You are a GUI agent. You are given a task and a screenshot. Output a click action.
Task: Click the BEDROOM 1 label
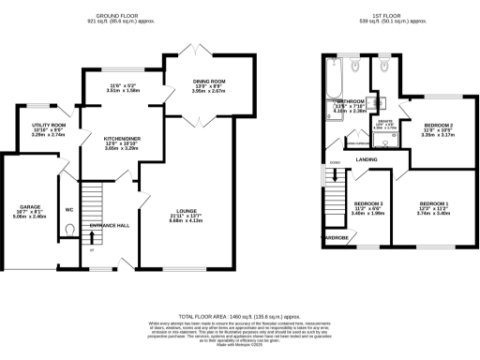433,203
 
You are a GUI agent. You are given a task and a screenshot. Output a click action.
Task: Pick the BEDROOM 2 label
438,125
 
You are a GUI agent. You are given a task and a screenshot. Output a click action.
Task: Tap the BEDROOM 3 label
367,203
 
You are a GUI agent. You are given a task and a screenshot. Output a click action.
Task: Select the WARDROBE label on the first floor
337,237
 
